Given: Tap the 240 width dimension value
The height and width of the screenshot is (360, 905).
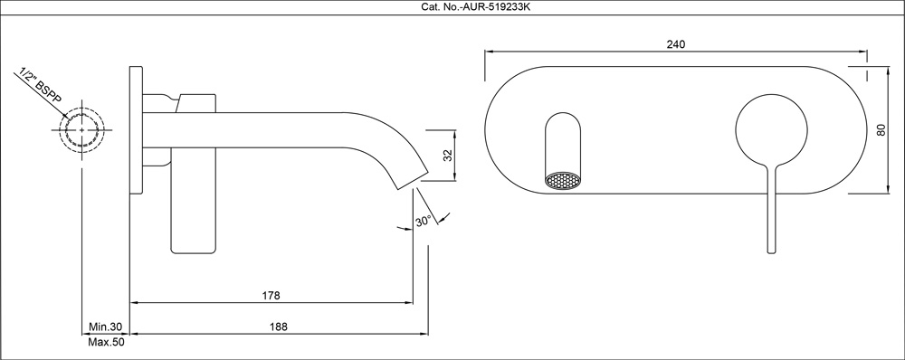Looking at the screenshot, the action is [x=676, y=44].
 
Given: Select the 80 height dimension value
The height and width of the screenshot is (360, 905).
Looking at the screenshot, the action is [x=881, y=130].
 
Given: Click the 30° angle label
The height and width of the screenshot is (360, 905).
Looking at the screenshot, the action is [x=423, y=221].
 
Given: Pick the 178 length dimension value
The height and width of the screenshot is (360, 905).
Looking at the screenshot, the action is [x=271, y=296].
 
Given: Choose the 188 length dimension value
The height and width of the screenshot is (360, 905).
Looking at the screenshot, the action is [x=279, y=327].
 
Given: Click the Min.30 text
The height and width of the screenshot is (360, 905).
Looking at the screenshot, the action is [x=106, y=327].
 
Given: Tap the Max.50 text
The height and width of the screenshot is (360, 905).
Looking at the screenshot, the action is [x=106, y=342].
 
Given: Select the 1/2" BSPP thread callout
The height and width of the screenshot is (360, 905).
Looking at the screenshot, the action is [x=41, y=87].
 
